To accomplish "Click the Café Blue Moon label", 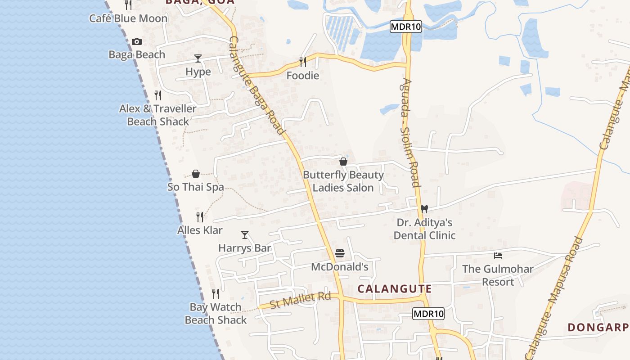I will click(x=128, y=18).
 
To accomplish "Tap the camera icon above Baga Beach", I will click(x=137, y=42).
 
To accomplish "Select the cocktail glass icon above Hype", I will click(x=198, y=58).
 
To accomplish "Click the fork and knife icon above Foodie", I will click(x=303, y=62).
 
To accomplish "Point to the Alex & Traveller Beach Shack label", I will click(x=158, y=115).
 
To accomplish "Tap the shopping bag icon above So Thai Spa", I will click(x=196, y=174).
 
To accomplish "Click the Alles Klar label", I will click(x=200, y=230).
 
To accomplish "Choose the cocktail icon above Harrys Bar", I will click(x=245, y=235).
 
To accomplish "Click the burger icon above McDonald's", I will click(x=340, y=254).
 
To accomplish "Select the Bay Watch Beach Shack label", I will click(x=216, y=314).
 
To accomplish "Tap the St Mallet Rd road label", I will click(x=300, y=300).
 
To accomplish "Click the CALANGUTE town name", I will click(x=395, y=289).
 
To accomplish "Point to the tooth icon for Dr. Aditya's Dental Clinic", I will click(x=423, y=209).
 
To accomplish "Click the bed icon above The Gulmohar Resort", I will click(x=498, y=256).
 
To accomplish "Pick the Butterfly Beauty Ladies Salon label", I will click(x=343, y=181).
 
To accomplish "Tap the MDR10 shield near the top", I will click(x=405, y=27).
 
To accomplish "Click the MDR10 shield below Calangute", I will click(x=428, y=314).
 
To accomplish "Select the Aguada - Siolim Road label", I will click(x=411, y=133).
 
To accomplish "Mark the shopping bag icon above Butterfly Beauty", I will click(x=343, y=162).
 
